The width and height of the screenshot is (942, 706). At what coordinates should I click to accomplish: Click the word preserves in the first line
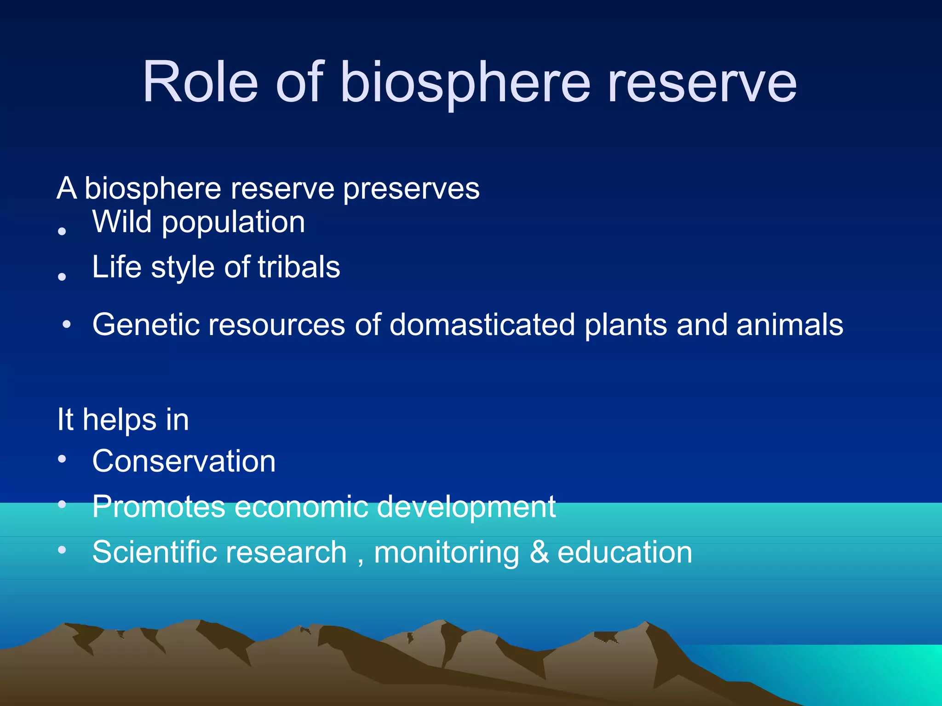(x=411, y=188)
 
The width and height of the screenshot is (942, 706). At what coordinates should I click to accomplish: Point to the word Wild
(x=122, y=222)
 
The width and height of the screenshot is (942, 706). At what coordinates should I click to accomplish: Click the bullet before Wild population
(x=62, y=231)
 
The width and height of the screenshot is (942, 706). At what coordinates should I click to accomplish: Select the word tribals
(x=299, y=267)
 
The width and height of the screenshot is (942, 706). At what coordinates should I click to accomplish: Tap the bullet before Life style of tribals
(x=62, y=276)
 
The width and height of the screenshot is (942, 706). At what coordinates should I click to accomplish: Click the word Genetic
(x=146, y=325)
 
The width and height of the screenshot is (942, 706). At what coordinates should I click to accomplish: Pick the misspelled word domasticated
(x=482, y=325)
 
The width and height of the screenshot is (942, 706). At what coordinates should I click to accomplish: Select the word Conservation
(x=184, y=461)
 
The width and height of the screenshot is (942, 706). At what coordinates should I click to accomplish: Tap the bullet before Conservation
(x=62, y=459)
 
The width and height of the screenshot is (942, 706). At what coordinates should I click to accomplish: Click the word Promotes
(x=159, y=507)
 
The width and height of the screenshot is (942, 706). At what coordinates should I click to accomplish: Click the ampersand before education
(x=539, y=552)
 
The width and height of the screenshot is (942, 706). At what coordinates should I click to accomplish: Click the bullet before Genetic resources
(x=67, y=324)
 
